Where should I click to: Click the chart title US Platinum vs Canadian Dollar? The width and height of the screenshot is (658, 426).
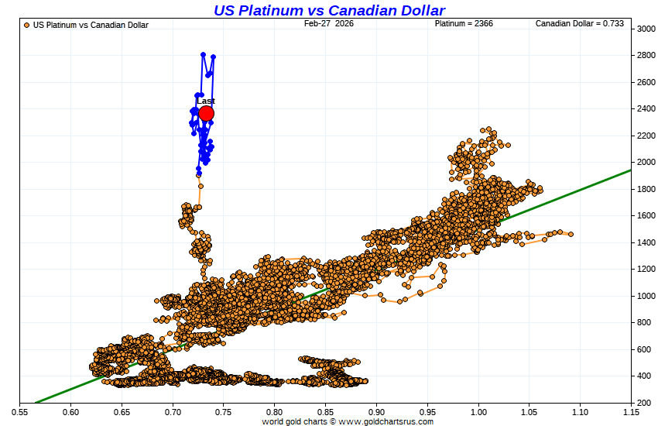coord(329,10)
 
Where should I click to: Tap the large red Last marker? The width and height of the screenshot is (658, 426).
coord(206,114)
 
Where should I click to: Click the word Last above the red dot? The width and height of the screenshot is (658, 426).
coord(206,101)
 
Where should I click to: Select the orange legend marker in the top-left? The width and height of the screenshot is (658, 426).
coord(27,25)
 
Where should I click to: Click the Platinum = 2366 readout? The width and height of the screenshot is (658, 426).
coord(464,24)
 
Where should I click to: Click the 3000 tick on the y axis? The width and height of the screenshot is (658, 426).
coord(647,29)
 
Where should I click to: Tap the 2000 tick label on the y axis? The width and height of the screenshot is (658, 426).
coord(647,163)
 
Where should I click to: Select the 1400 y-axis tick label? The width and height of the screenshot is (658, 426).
coord(647,242)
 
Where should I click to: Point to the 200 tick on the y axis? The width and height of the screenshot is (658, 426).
coord(645,404)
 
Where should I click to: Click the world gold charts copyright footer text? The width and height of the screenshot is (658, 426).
coord(348,421)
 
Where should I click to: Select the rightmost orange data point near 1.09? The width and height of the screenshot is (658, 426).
coord(571,234)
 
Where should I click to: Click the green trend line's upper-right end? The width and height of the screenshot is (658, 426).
coord(630,170)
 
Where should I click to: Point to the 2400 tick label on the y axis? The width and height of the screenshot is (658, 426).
coord(647,109)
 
